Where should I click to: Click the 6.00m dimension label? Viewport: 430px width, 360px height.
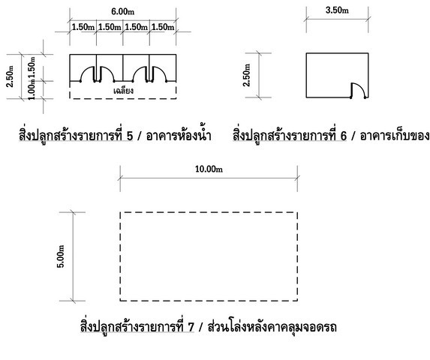pos(122,11)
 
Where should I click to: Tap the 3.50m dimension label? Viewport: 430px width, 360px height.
pos(337,10)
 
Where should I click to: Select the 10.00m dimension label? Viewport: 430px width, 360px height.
pos(209,169)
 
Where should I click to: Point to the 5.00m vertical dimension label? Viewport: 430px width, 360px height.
pos(61,256)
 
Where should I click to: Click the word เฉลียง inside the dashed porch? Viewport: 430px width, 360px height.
pos(123,91)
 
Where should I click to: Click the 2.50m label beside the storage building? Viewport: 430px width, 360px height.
pos(247,75)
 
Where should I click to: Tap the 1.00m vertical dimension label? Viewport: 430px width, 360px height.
pos(32,89)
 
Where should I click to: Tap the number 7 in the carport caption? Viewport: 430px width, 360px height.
pos(191,327)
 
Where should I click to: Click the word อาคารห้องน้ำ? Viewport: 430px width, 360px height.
pos(179,135)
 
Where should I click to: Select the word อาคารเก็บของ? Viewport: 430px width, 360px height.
pos(395,135)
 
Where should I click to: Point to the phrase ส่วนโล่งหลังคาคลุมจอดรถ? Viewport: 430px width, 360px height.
pos(272,326)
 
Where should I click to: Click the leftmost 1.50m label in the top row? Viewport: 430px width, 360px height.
pos(83,27)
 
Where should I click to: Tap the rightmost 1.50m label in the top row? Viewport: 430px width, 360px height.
pos(163,27)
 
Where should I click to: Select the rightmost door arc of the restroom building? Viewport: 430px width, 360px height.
pos(162,70)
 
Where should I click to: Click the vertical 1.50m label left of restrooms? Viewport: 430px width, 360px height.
pos(32,67)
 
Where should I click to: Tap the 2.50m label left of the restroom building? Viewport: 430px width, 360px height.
pos(10,76)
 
